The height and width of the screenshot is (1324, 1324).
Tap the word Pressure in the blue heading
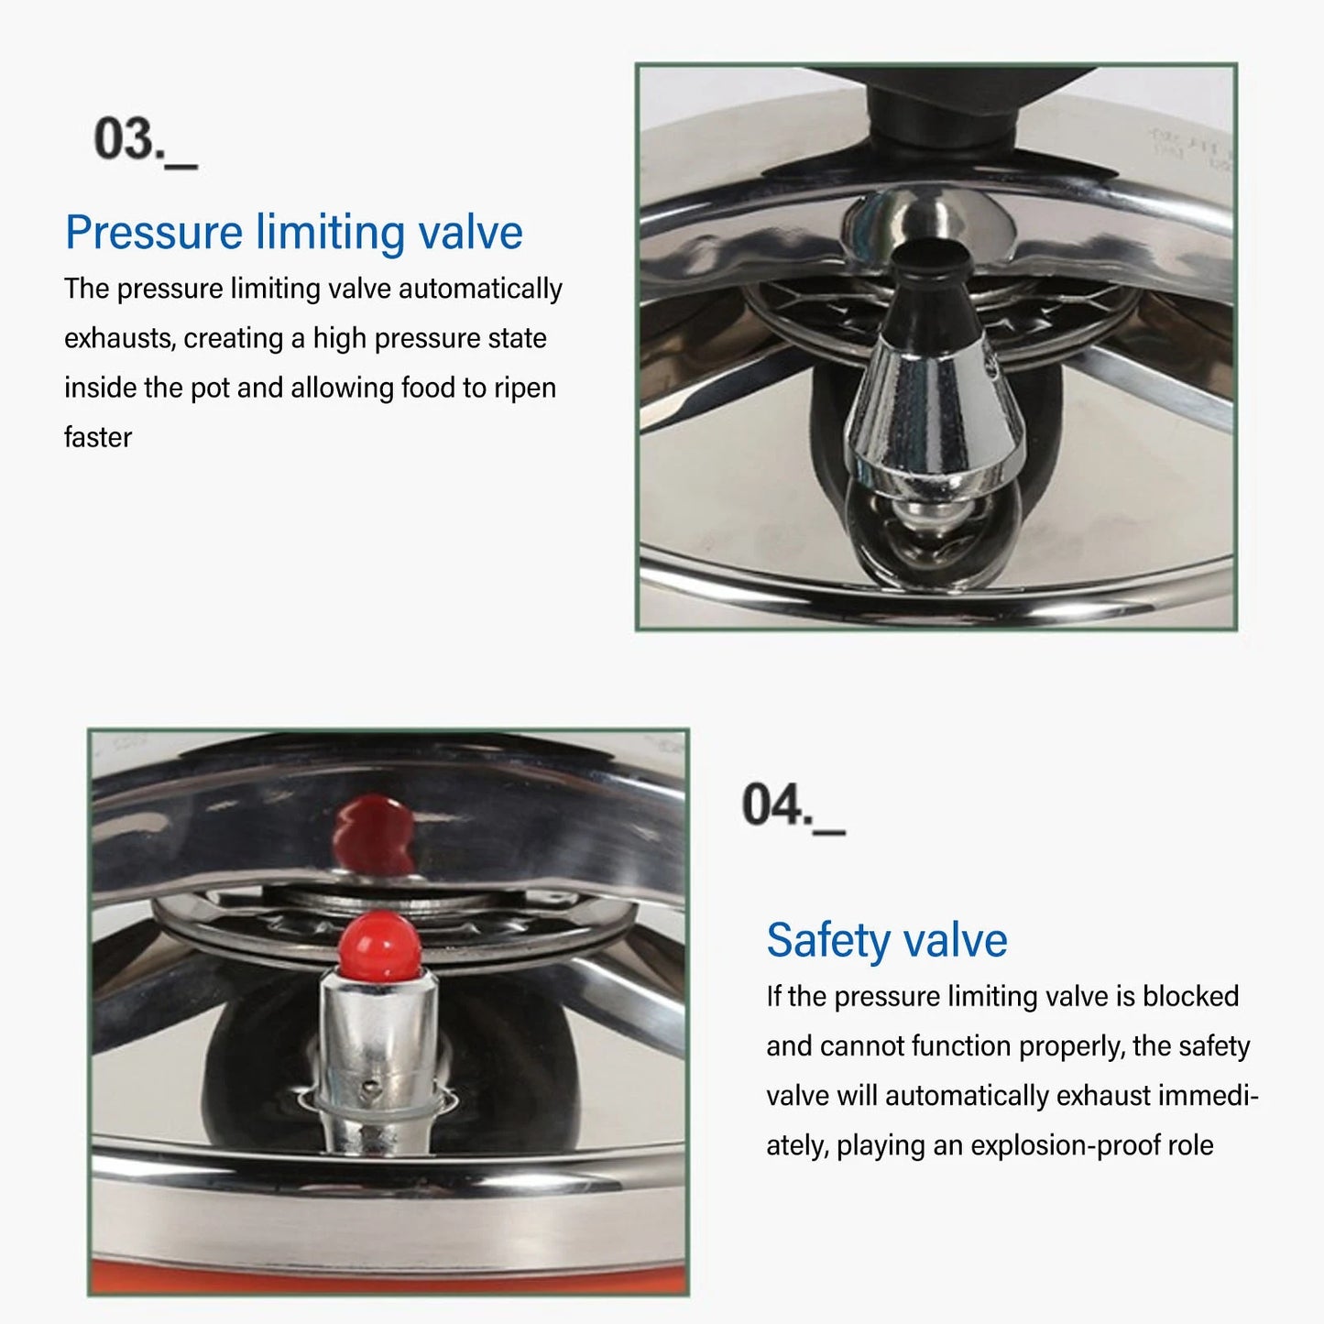[153, 233]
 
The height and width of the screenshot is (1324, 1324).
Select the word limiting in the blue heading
[330, 233]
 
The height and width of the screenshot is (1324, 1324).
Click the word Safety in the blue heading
[827, 940]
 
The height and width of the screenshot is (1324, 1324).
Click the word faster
[98, 437]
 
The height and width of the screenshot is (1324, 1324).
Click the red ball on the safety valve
[379, 944]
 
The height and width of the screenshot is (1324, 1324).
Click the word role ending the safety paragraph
[1190, 1145]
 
